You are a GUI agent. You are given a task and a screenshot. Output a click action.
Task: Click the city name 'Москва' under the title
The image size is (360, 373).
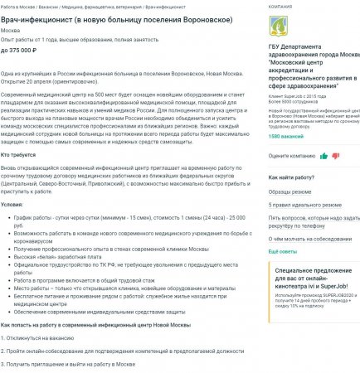pyautogui.click(x=12, y=31)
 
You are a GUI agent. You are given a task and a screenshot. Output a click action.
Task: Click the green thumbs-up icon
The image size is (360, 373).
pyautogui.click(x=335, y=155)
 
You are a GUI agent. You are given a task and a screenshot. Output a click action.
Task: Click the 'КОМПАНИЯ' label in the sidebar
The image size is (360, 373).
pyautogui.click(x=281, y=6)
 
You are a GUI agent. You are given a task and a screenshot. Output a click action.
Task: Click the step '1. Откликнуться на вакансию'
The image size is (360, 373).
pyautogui.click(x=41, y=338)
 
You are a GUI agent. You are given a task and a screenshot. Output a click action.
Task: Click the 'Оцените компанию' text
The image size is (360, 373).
pyautogui.click(x=292, y=155)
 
